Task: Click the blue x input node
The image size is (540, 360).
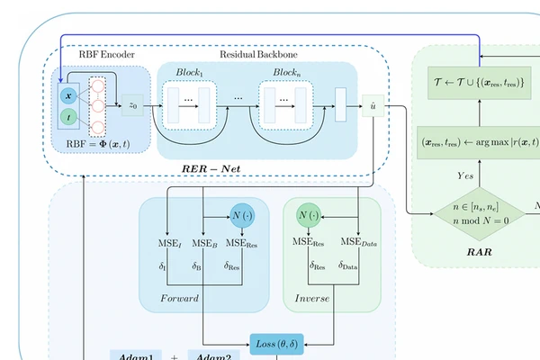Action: [x=68, y=94]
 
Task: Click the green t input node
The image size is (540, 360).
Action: [x=68, y=117]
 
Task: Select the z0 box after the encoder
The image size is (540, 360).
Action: [x=132, y=105]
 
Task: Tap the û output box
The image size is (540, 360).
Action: [x=373, y=105]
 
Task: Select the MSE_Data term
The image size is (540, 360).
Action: [x=358, y=242]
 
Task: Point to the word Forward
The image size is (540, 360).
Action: [x=179, y=298]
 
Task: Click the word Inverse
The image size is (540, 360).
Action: [x=311, y=298]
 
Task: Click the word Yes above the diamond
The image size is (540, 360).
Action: [x=465, y=176]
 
